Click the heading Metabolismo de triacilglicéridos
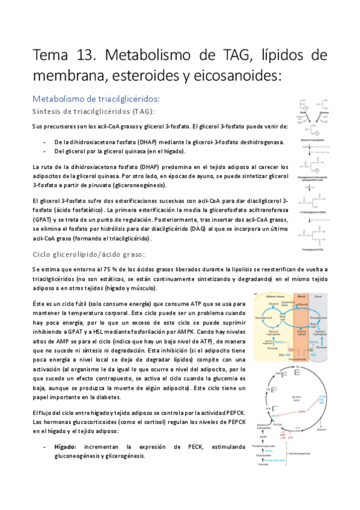click(x=96, y=99)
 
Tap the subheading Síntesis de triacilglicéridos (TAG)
click(x=93, y=111)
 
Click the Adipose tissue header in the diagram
click(x=271, y=296)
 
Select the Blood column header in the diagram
click(x=301, y=296)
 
